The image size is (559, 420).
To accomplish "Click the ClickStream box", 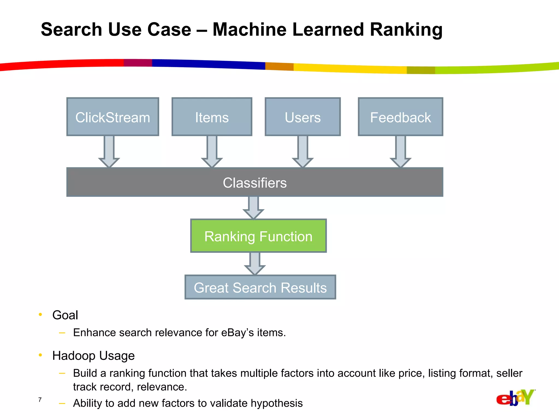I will (113, 117).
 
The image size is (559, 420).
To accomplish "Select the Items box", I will (212, 117).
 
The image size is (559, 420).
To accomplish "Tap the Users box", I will (303, 117).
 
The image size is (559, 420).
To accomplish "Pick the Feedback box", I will (400, 117).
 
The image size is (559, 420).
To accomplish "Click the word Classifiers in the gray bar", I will (255, 183).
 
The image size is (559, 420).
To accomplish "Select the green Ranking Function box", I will (258, 236).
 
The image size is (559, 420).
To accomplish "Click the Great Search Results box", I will (260, 287).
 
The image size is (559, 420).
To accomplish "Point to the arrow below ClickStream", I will (109, 152).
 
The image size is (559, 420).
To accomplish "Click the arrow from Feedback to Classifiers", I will (400, 152).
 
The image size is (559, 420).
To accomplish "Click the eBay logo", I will (515, 398).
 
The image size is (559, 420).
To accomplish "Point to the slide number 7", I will (40, 400).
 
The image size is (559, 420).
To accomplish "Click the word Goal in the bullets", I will (65, 315).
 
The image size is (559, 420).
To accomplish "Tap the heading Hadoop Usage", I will (93, 356).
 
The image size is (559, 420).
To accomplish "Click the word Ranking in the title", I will (406, 30).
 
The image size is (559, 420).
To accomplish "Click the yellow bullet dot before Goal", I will (40, 314).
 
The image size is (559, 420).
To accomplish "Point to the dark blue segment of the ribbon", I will (207, 64).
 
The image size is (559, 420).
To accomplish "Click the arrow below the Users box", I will (303, 152).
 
